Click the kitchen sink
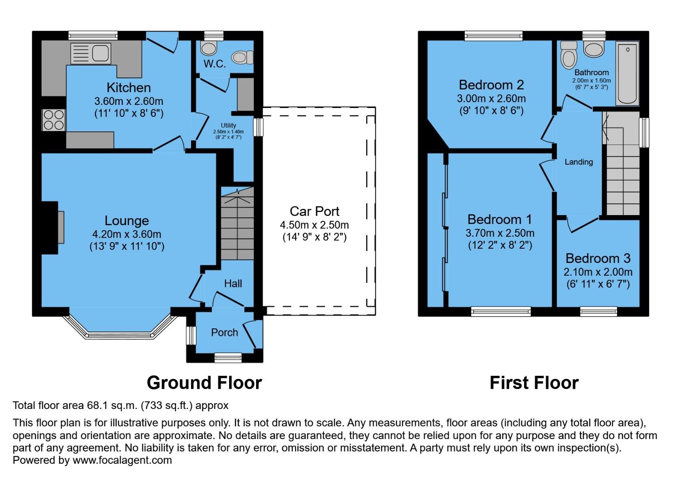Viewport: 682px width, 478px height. click(91, 54)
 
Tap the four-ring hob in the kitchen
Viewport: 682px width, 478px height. click(54, 119)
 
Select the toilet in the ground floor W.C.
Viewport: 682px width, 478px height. click(242, 57)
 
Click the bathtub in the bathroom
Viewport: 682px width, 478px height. click(627, 73)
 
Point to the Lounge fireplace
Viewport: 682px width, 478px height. click(60, 227)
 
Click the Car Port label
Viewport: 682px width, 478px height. click(314, 211)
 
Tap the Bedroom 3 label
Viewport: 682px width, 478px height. click(598, 258)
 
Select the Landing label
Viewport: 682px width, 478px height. click(579, 162)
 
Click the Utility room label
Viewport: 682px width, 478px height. click(228, 126)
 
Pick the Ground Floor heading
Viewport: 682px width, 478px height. click(204, 383)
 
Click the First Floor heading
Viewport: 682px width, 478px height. click(534, 383)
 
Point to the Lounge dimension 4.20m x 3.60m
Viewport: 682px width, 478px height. click(126, 234)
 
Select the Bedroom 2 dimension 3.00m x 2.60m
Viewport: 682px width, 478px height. click(491, 99)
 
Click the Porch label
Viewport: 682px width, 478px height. click(224, 332)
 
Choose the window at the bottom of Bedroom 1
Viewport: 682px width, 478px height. click(501, 312)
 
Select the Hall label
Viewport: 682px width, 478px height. click(233, 284)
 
